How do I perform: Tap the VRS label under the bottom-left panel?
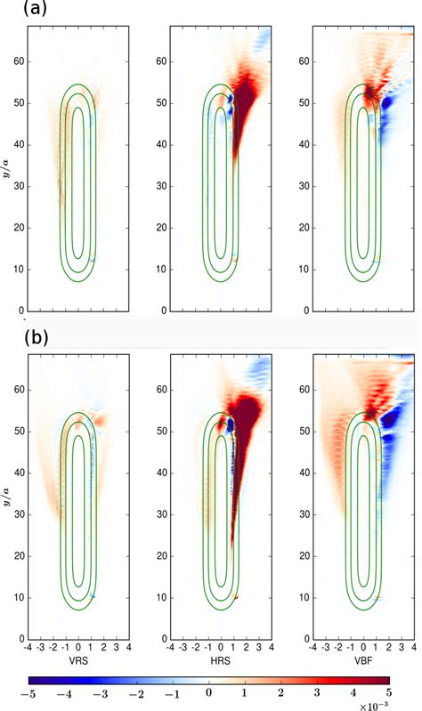click(x=79, y=662)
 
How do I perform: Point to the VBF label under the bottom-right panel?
click(x=363, y=662)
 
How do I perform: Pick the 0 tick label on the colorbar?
click(x=209, y=691)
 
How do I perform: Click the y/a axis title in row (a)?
click(x=8, y=169)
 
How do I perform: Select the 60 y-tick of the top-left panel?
click(x=17, y=61)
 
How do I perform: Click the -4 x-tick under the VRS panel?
click(x=29, y=649)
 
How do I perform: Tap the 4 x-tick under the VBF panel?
click(x=413, y=649)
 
